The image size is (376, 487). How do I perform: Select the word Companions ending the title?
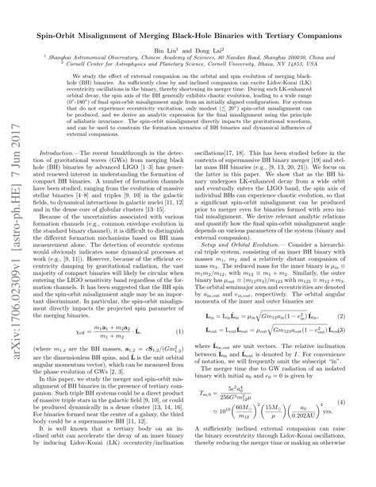[x=324, y=37]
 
